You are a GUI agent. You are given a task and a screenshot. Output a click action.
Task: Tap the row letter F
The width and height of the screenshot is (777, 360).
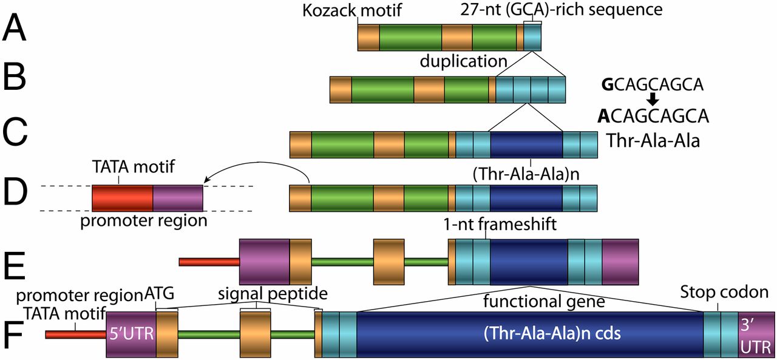point(13,333)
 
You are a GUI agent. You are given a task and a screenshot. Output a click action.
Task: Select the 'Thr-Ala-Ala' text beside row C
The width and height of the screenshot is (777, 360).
point(653,141)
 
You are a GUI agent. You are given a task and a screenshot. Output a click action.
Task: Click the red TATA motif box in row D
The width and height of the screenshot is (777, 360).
point(122,198)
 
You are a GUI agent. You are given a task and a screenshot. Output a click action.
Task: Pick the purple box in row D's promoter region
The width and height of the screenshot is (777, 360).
point(177,198)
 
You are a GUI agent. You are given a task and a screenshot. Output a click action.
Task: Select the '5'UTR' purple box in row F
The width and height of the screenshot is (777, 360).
point(131,333)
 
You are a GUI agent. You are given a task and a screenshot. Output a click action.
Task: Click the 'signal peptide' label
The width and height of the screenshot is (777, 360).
point(273,294)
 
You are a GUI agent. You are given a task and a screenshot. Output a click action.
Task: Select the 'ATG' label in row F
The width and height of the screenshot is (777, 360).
point(160,294)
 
